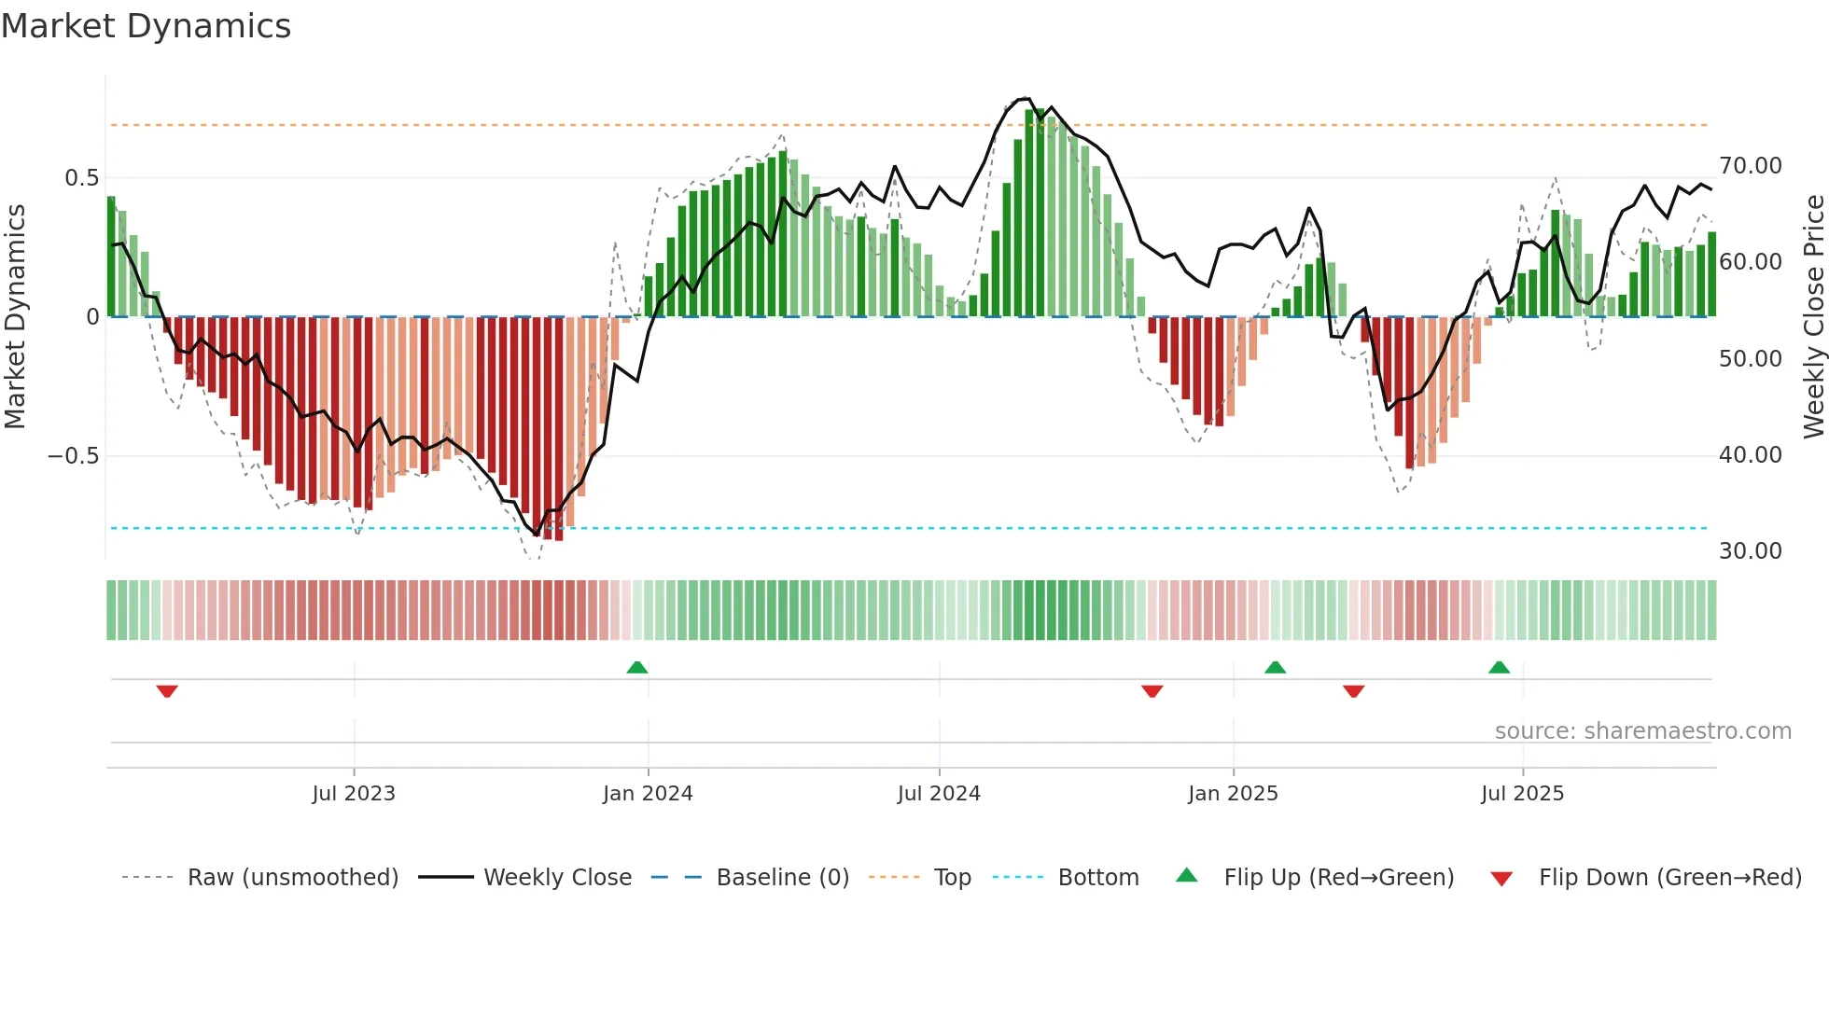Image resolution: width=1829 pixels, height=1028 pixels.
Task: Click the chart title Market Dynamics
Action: pos(146,26)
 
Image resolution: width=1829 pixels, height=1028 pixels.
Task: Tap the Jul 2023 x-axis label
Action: pos(354,793)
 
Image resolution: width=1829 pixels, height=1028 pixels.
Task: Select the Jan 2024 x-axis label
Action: pos(648,793)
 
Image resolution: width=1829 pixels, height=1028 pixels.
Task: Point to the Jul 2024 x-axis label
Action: pos(939,793)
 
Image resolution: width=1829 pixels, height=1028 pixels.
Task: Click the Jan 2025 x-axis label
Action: pos(1233,793)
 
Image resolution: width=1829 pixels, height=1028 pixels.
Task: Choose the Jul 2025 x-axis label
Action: pos(1522,793)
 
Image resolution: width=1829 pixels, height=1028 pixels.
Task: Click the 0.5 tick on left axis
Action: pos(81,177)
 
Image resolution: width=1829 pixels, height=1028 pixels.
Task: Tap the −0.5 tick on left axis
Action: pos(74,455)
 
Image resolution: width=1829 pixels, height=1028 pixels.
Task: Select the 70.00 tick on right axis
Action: pos(1751,166)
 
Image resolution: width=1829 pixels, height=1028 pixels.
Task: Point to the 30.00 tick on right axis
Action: pos(1751,550)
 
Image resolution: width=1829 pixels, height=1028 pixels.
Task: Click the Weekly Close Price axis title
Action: pos(1813,316)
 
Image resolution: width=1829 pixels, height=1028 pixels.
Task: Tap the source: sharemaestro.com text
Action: pos(1642,730)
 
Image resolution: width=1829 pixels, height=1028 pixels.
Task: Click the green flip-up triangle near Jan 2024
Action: pos(637,667)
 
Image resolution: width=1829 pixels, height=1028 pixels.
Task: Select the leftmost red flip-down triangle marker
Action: pos(167,691)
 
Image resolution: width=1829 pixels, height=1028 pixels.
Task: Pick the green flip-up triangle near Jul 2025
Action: pos(1499,667)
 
